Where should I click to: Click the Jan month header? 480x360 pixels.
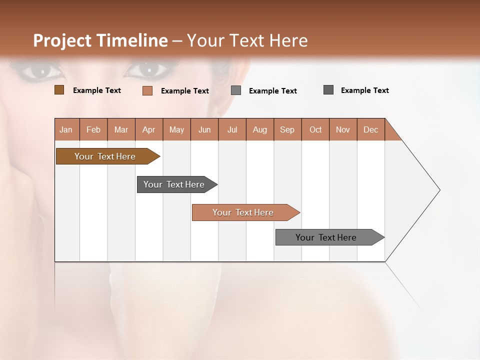66,129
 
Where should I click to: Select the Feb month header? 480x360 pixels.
93,129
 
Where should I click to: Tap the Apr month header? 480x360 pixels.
148,129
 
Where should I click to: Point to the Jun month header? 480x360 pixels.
204,129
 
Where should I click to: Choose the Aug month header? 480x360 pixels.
259,129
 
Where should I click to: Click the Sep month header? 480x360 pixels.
287,129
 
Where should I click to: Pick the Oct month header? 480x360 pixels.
315,129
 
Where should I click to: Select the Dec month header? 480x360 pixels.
370,129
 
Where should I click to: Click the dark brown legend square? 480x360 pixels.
59,90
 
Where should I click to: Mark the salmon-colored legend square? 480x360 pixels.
147,90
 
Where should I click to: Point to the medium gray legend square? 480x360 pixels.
236,90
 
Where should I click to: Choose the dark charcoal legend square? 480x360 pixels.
328,90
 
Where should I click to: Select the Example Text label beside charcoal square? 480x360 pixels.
364,90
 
